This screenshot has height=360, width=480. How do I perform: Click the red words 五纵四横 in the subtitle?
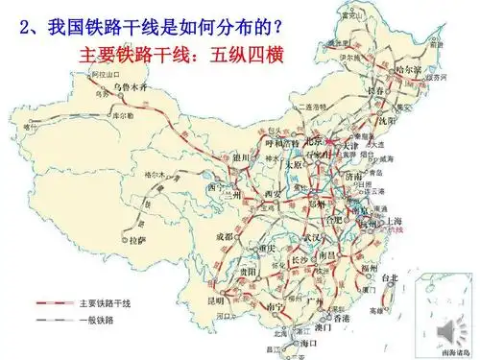click(251, 51)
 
